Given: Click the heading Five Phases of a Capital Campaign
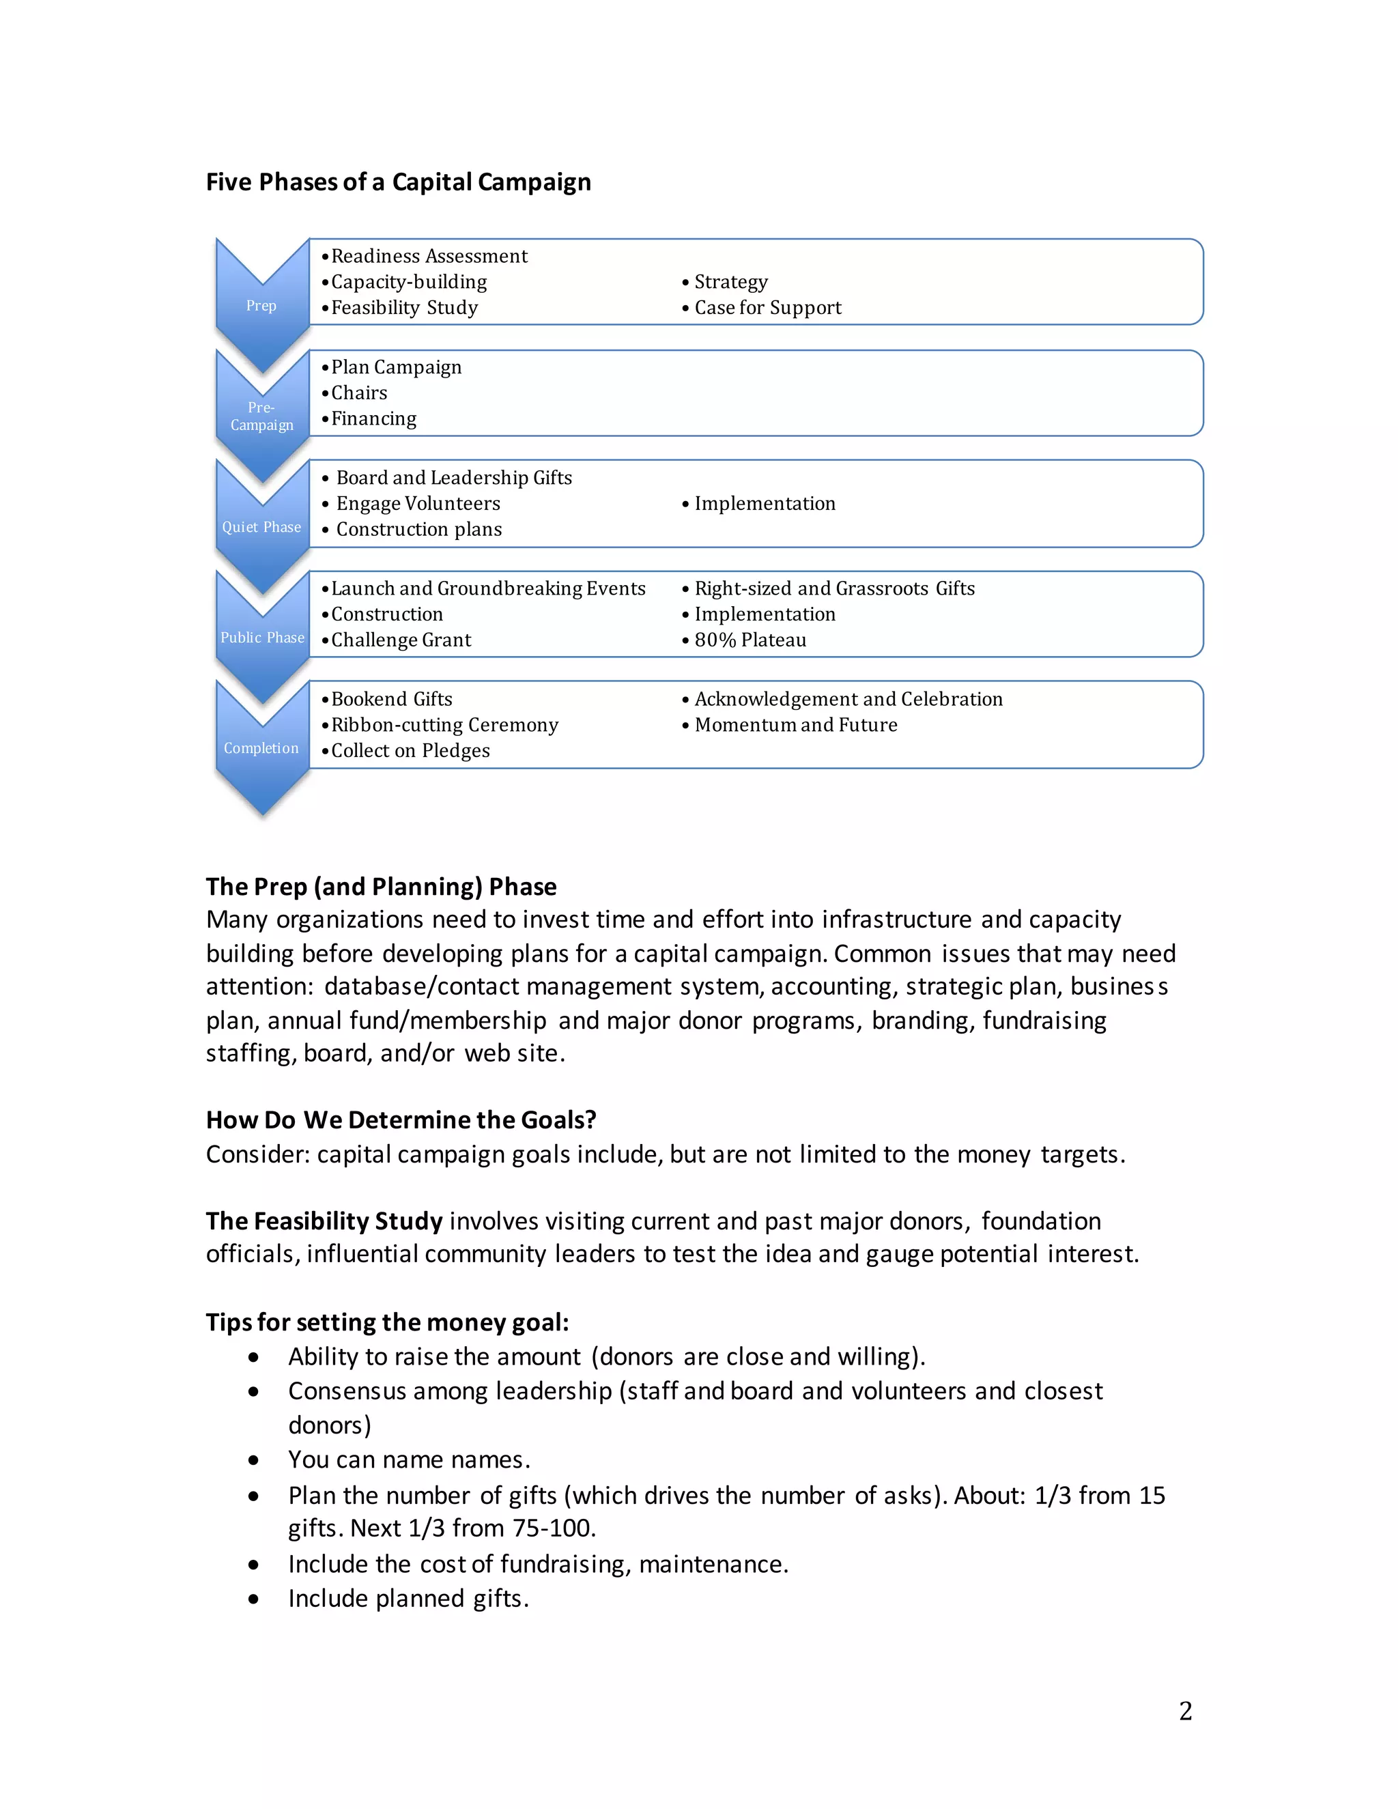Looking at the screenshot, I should point(399,182).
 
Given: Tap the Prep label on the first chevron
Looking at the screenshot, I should point(261,306).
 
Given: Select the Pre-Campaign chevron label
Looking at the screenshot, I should point(261,416).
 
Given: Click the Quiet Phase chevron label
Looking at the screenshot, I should point(261,527).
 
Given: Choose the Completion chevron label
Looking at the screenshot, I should point(261,748).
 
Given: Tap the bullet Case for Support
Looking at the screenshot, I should point(767,307).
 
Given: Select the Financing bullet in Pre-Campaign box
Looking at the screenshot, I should point(373,418).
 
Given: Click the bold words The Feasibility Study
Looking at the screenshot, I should point(325,1221).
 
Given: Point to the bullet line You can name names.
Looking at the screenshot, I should point(409,1459).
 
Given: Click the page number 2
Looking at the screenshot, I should point(1185,1711).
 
